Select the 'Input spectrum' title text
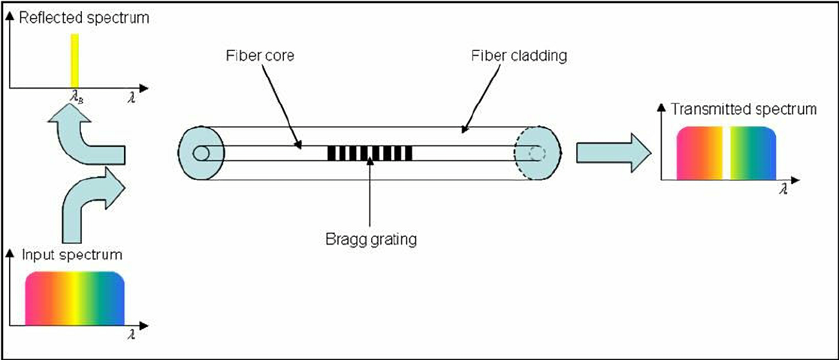coord(72,255)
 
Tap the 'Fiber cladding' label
coord(516,55)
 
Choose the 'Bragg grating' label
coord(371,240)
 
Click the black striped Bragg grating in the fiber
coord(369,154)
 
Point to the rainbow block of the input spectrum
coord(74,297)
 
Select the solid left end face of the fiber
coord(201,154)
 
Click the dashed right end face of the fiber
coord(537,154)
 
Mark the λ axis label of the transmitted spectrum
coord(783,190)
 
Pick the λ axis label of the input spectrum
coord(131,334)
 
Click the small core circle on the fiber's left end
coord(201,154)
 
